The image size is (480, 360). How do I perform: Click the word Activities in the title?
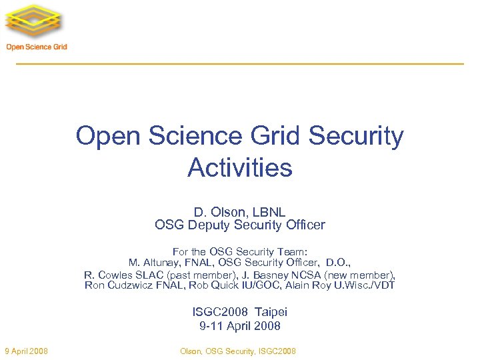click(240, 167)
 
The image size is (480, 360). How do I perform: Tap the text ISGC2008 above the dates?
click(220, 312)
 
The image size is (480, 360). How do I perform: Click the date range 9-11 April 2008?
click(240, 326)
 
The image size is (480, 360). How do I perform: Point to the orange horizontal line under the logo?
click(240, 63)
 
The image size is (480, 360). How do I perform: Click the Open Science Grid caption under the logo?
click(37, 47)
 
